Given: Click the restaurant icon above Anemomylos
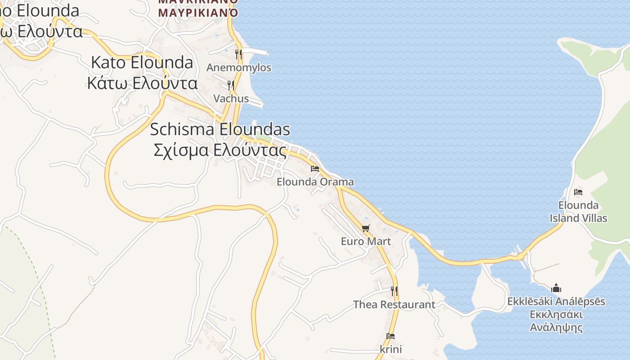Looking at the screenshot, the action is click(238, 54).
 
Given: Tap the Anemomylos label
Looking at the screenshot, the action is click(239, 67).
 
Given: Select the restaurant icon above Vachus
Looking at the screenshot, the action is click(231, 85).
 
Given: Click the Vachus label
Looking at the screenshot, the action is click(231, 98).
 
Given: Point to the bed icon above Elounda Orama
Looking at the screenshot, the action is click(315, 169).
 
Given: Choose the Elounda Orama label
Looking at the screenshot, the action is click(315, 182).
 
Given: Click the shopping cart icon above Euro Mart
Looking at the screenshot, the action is click(366, 228).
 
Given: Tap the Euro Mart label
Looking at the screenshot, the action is click(366, 241).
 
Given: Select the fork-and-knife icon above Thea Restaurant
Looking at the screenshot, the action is click(394, 291).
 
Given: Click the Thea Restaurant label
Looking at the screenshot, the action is click(394, 304).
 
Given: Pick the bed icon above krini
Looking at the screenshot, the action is click(391, 336).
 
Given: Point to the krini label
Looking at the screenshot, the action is click(391, 349).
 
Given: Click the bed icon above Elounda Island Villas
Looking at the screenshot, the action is click(578, 192).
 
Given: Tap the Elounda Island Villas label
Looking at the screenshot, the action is click(578, 211).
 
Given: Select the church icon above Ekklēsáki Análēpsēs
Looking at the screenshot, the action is click(556, 288).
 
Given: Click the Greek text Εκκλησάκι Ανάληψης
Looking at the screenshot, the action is click(556, 321).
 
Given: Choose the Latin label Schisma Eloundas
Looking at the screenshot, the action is click(220, 130).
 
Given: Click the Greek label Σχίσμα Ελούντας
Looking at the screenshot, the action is click(220, 150).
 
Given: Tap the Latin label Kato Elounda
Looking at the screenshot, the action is click(142, 63).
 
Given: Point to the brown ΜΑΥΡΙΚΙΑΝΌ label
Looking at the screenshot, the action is click(198, 12).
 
